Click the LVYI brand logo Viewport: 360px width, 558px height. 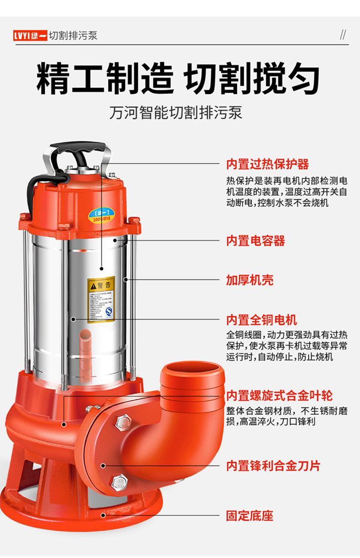(30, 36)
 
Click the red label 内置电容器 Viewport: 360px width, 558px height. (256, 240)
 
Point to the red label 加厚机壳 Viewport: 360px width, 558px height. (250, 280)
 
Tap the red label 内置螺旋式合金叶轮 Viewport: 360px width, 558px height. (279, 395)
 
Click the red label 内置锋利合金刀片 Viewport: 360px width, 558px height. (273, 466)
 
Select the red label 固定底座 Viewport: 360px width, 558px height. (250, 516)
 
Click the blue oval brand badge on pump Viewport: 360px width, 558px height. (103, 215)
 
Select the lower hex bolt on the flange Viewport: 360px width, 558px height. (119, 481)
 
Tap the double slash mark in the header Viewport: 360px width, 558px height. (343, 36)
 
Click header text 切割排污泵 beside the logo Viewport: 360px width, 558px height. (73, 36)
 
